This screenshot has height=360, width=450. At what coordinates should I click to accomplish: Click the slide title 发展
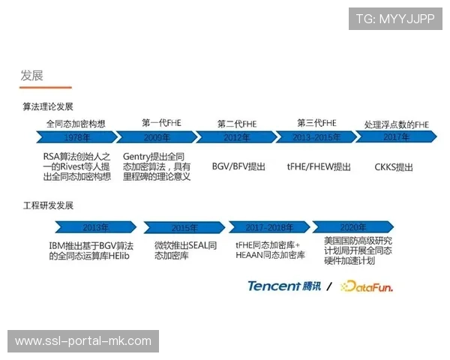(31, 75)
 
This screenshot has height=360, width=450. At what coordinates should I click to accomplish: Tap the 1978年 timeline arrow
(76, 137)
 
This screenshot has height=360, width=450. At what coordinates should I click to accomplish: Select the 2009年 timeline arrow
(157, 137)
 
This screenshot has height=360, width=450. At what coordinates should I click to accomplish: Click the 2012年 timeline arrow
(235, 137)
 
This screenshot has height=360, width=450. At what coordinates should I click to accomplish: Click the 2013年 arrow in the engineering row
(95, 227)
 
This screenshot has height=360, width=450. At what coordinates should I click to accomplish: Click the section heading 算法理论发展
(48, 106)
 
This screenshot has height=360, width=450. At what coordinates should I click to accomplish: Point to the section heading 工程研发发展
(48, 205)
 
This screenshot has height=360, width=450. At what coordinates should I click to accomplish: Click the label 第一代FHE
(161, 123)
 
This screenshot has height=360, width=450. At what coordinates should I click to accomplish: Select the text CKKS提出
(394, 166)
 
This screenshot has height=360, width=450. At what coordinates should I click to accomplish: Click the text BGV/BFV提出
(238, 166)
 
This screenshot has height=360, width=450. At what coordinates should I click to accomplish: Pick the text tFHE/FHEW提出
(319, 166)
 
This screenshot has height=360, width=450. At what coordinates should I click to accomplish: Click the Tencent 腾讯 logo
(284, 286)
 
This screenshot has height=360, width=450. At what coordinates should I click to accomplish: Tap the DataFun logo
(367, 286)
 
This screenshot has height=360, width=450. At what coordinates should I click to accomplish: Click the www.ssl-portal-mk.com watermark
(83, 341)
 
